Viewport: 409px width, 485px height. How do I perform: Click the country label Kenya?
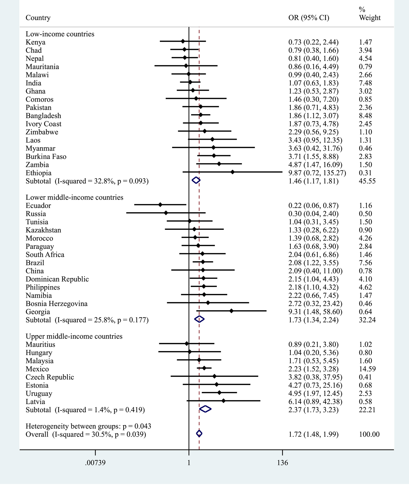click(x=35, y=42)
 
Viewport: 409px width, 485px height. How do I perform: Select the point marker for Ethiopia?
click(x=233, y=172)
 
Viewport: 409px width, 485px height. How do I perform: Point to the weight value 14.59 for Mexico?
click(x=367, y=369)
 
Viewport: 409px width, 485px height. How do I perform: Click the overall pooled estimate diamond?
click(x=199, y=434)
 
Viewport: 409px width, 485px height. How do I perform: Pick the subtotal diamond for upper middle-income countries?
click(x=205, y=409)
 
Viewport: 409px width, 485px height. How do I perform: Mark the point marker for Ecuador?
click(x=160, y=205)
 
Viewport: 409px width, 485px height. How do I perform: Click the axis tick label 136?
click(x=283, y=463)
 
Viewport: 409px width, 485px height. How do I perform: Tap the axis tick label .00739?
click(x=95, y=463)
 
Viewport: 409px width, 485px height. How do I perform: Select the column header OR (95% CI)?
click(x=309, y=18)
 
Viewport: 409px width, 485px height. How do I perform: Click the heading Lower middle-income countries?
click(x=74, y=197)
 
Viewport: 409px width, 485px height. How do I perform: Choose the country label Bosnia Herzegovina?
click(x=56, y=304)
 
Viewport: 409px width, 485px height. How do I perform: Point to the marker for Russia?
click(x=166, y=213)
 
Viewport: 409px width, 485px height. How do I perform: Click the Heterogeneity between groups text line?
click(x=88, y=426)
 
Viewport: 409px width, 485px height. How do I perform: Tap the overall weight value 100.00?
click(x=369, y=434)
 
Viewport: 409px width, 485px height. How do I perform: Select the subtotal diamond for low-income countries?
click(x=196, y=180)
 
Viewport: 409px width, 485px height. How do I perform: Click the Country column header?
click(x=38, y=18)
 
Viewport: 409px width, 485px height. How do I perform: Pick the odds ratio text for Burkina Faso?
click(x=313, y=157)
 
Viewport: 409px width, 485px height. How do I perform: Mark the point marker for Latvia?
click(x=223, y=401)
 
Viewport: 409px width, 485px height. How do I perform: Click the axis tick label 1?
click(x=189, y=463)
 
